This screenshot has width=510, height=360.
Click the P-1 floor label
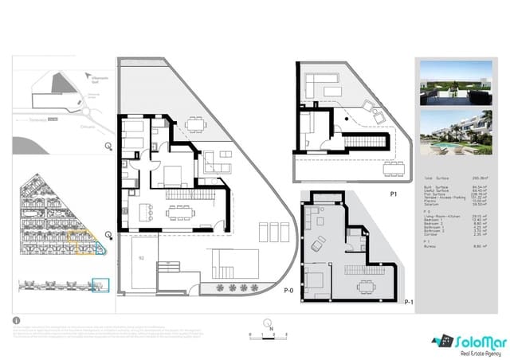click(x=409, y=303)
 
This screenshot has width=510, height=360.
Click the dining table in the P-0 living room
click(x=178, y=212)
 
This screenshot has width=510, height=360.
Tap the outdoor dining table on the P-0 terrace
click(x=194, y=123)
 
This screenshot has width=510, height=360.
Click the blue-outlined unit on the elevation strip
click(x=100, y=284)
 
